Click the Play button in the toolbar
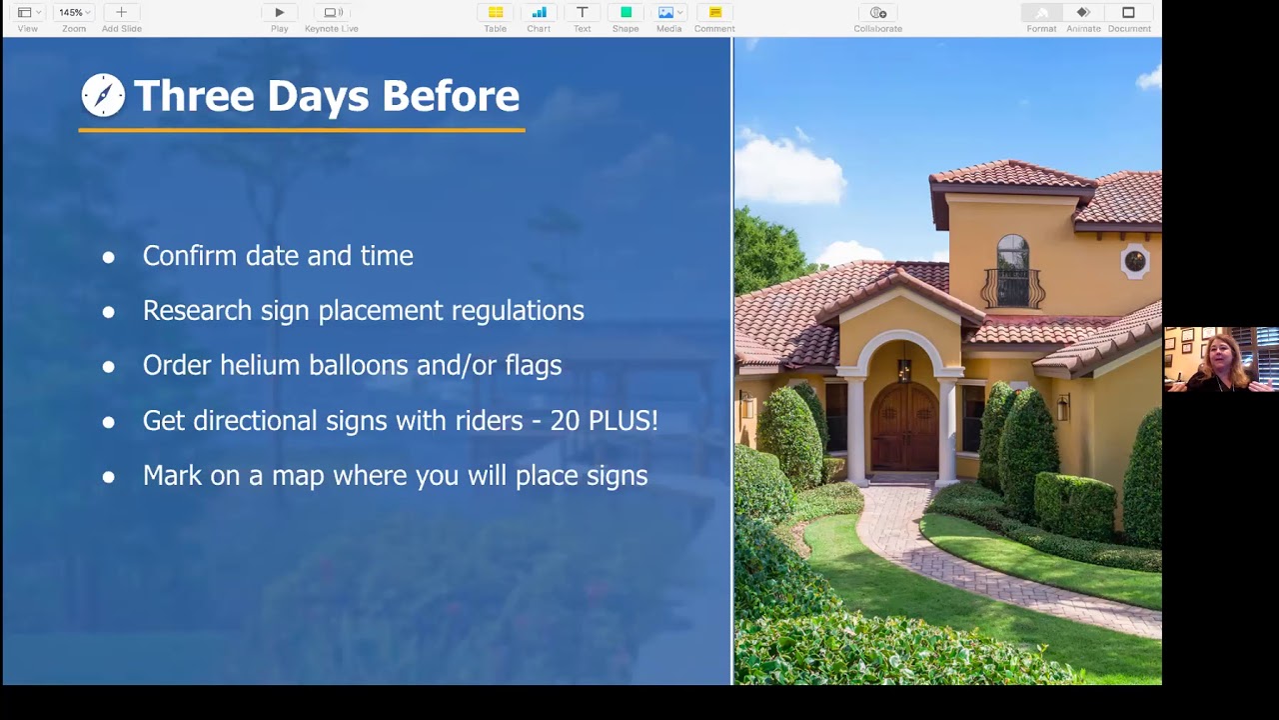(x=279, y=13)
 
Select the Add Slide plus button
(x=121, y=13)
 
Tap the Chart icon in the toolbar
(x=539, y=13)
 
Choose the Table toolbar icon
(x=495, y=13)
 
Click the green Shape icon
(x=626, y=13)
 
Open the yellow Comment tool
(x=714, y=13)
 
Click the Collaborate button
(x=877, y=13)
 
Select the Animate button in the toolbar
(x=1083, y=13)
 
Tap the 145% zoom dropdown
(x=74, y=13)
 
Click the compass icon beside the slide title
(x=103, y=95)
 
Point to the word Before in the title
(x=451, y=95)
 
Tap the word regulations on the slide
(x=518, y=311)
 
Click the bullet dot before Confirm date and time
(x=109, y=258)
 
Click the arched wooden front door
(x=904, y=426)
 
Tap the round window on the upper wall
(x=1134, y=261)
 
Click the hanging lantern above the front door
(x=904, y=369)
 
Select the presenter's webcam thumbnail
(x=1221, y=359)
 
